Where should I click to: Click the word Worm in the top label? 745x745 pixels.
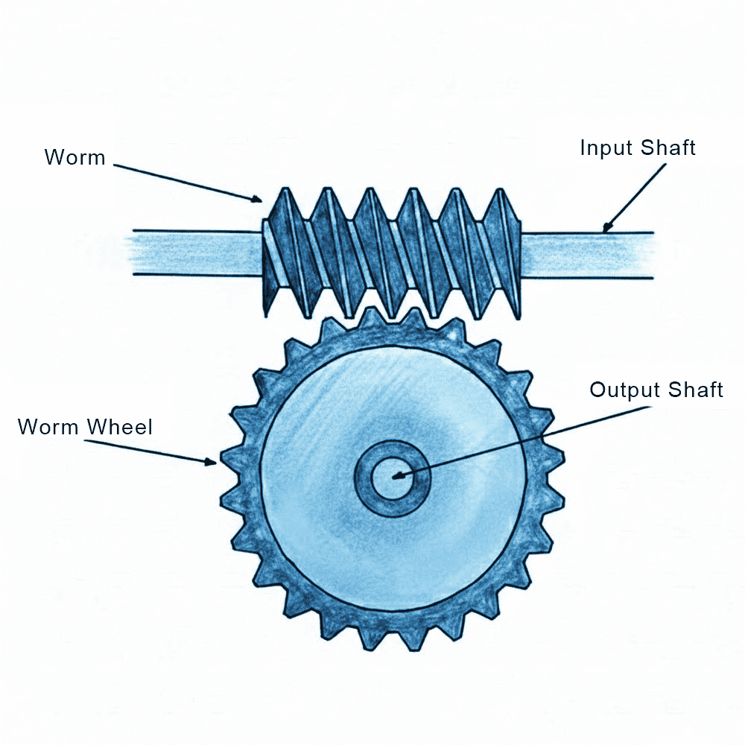(74, 157)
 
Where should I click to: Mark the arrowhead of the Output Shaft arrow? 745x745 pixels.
(396, 475)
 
